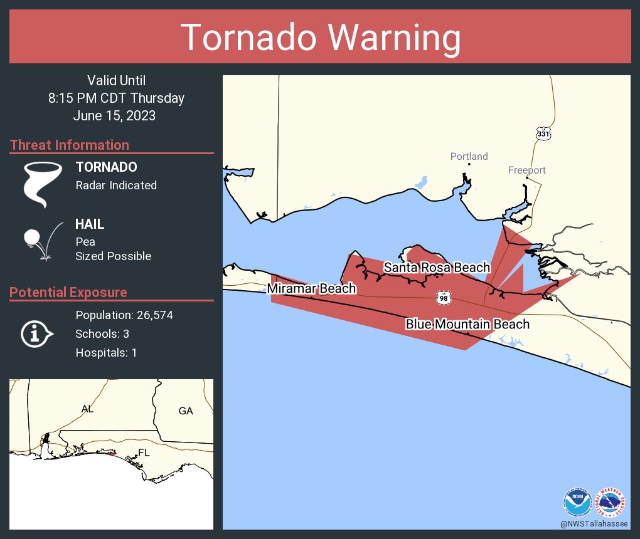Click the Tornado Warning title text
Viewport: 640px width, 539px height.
point(320,38)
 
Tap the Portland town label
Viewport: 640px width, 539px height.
point(469,156)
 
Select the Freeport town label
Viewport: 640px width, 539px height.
point(526,170)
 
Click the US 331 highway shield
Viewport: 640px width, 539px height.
point(543,133)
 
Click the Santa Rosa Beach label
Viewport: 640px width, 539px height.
point(437,268)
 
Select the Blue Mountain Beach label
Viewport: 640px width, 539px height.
point(467,324)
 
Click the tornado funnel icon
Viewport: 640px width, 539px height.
point(43,184)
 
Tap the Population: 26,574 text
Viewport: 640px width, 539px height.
point(124,315)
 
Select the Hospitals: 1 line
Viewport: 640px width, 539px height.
point(106,353)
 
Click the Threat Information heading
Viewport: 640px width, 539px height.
point(70,145)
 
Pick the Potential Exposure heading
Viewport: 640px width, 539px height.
point(68,292)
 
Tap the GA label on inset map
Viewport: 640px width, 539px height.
point(186,411)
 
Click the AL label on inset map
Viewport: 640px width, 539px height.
point(87,409)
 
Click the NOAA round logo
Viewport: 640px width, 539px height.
point(577,502)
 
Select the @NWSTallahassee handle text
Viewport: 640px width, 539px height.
point(594,523)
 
